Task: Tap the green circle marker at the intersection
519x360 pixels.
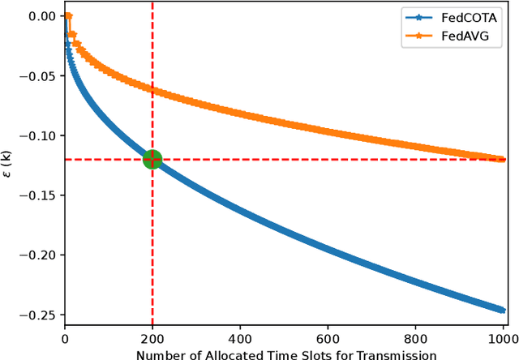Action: tap(152, 159)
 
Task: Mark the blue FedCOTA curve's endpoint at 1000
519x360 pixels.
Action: tap(502, 310)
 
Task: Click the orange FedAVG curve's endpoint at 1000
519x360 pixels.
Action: tap(502, 159)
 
